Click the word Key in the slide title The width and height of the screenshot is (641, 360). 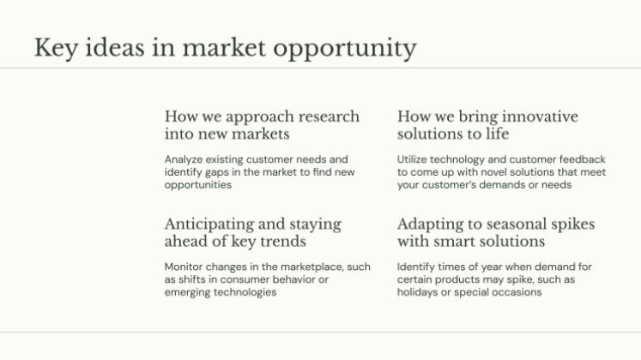54,47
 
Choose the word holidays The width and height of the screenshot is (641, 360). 418,292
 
